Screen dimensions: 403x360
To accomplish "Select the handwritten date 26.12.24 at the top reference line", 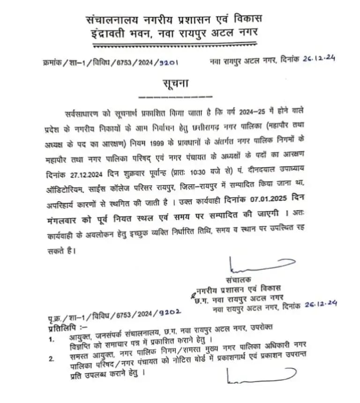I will coord(319,60).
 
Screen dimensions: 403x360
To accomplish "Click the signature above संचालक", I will coord(246,269).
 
